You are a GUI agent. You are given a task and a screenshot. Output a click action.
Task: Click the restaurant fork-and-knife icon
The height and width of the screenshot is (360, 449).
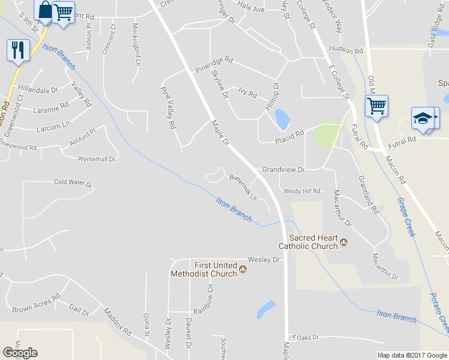coord(18,49)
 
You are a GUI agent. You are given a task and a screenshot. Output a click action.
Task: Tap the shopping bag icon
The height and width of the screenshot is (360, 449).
coord(44,11)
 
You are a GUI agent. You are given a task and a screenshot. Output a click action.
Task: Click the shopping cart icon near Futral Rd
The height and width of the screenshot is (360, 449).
coord(376,106)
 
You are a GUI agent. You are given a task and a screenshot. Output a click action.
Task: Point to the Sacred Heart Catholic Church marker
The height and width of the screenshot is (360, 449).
coord(344,242)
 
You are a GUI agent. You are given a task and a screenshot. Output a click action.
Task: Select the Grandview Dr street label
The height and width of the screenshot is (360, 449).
coord(283,170)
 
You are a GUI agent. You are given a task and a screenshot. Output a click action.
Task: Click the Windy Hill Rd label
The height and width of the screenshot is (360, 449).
coord(302,191)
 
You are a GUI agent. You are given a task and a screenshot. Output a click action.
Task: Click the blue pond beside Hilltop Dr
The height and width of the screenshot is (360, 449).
coord(280,119)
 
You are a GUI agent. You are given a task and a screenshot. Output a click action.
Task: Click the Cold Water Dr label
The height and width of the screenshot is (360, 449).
coord(73,182)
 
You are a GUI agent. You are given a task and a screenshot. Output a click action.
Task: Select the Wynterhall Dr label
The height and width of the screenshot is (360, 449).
coord(96,159)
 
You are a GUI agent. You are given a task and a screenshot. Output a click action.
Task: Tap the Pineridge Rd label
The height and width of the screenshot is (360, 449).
coord(213,65)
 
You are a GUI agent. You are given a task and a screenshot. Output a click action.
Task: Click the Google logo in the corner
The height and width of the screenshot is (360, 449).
coord(20,352)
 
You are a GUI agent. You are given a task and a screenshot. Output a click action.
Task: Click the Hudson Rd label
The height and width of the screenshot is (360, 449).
coord(345,50)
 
